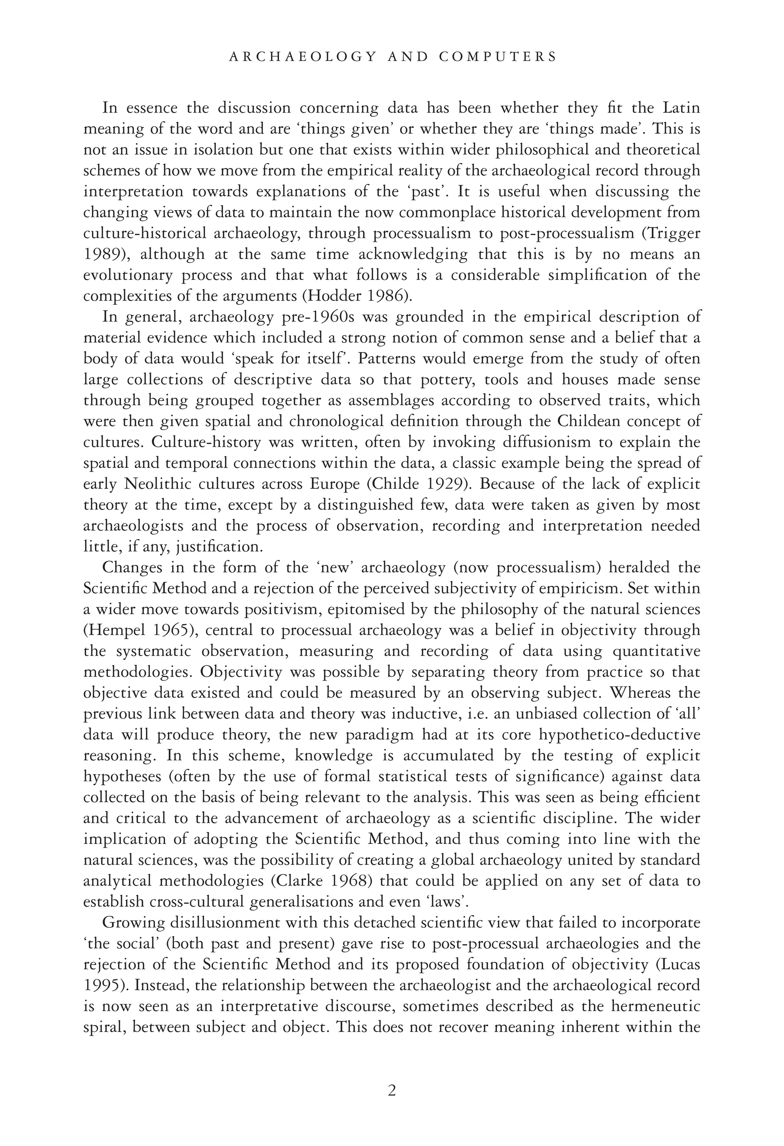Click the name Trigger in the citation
click(677, 233)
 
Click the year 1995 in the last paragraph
click(103, 985)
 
